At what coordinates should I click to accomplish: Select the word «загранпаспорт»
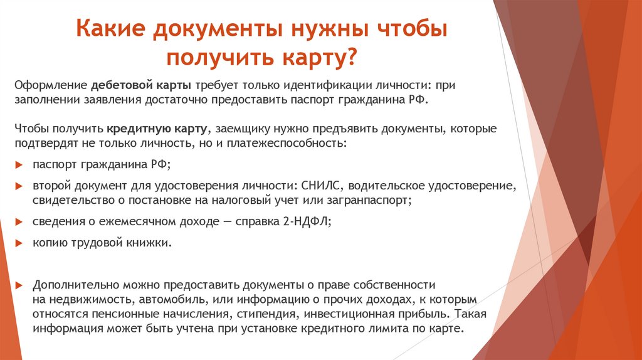point(375,201)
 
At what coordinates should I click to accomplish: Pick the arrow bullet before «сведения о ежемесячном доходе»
point(18,222)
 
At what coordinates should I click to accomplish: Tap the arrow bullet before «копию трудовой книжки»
point(18,242)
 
